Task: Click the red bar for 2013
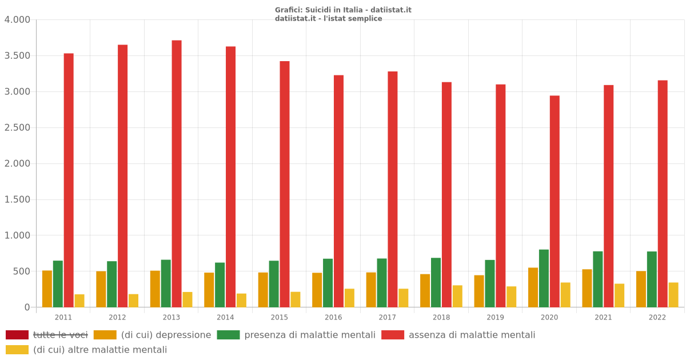click(177, 174)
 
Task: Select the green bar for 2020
click(544, 278)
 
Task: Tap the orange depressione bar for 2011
click(47, 289)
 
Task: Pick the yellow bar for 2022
click(673, 295)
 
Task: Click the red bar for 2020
click(555, 201)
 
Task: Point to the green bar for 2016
click(328, 283)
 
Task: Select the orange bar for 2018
click(425, 291)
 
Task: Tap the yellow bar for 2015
click(296, 299)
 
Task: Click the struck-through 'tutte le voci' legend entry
click(60, 335)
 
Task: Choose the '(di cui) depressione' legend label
click(166, 335)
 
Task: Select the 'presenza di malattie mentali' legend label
click(310, 335)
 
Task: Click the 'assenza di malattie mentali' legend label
click(472, 335)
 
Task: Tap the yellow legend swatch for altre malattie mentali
click(17, 350)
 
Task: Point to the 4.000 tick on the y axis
click(17, 20)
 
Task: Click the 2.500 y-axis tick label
click(17, 127)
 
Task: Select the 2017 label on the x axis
click(387, 317)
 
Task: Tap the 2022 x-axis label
click(657, 317)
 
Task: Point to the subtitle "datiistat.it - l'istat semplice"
click(328, 18)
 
